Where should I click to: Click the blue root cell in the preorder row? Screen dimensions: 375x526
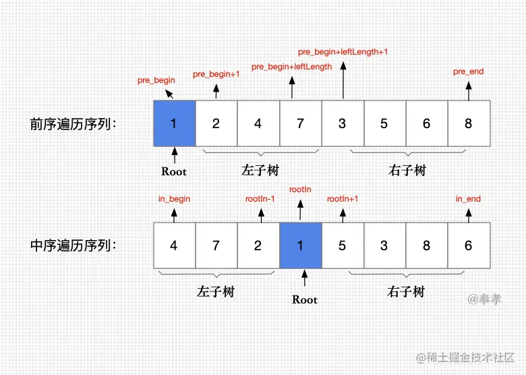coord(174,123)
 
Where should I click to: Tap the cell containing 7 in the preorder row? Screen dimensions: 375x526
coord(300,123)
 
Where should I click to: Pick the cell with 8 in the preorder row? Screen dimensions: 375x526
coord(468,123)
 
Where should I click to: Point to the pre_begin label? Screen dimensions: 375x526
coord(156,80)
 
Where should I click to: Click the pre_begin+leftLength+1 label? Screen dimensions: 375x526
coord(343,52)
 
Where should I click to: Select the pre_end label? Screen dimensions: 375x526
coord(468,71)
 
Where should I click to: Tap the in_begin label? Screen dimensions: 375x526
coord(174,199)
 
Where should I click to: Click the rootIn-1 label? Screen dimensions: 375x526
coord(260,199)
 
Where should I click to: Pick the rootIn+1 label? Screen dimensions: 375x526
coord(343,199)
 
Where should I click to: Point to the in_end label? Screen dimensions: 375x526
coord(468,199)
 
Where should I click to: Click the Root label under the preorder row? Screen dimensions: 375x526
coord(174,171)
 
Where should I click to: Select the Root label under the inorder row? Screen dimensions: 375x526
coord(305,299)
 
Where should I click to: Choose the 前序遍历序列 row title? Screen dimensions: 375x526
coord(74,124)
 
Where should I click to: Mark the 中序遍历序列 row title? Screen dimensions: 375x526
coord(74,246)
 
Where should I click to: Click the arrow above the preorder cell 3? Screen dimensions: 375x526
coord(343,81)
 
